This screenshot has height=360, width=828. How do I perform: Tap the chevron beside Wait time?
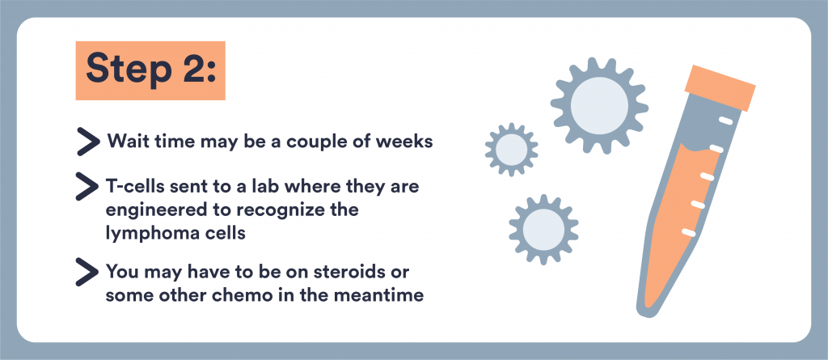87,142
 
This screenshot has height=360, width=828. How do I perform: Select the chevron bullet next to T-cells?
87,187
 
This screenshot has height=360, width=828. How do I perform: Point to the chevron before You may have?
87,273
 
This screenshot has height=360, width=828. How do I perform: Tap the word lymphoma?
151,234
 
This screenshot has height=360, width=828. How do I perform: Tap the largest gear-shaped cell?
599,105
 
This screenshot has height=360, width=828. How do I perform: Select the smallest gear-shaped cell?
512,149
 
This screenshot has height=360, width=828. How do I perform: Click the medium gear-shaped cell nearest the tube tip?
543,230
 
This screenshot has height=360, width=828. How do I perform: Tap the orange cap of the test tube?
720,87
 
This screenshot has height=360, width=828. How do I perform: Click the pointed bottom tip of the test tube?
644,313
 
